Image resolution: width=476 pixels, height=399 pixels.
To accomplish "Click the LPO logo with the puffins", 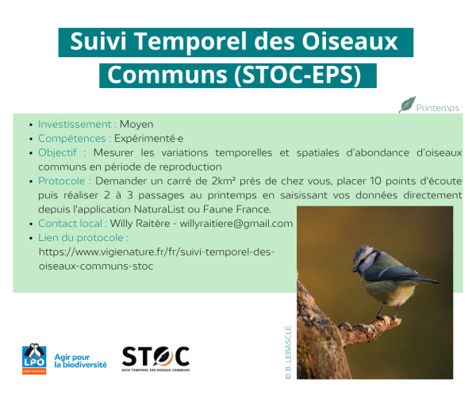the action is [34, 359].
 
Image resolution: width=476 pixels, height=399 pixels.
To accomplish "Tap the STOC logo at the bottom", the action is [155, 359].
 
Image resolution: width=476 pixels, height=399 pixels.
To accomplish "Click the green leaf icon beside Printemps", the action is [407, 105].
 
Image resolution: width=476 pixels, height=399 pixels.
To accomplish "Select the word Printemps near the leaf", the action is [437, 108].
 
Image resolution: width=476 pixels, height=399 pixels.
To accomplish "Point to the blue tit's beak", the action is [355, 270].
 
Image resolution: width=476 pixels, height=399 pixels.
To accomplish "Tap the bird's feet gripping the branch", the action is [386, 318].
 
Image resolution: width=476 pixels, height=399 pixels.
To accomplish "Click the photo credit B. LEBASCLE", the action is [289, 352].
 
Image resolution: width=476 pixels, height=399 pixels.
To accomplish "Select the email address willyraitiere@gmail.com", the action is [236, 224].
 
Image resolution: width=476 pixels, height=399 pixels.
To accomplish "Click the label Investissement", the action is [75, 124].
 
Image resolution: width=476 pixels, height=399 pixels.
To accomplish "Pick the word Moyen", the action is [136, 125].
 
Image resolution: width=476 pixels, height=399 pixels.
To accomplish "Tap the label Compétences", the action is [72, 138].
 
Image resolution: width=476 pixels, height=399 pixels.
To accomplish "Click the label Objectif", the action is [57, 152].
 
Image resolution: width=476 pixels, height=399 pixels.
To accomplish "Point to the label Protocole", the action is [62, 181].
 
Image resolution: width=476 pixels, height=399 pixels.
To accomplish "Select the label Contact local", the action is [70, 224].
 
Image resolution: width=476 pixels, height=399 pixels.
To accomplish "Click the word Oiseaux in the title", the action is [349, 41].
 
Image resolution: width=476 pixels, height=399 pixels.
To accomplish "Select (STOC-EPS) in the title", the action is [297, 75].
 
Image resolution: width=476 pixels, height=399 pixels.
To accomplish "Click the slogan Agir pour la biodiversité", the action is [80, 361].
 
